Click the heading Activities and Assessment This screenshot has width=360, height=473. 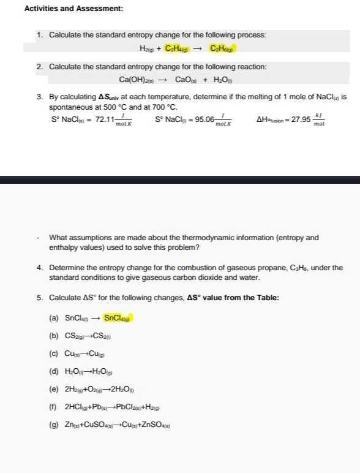click(73, 9)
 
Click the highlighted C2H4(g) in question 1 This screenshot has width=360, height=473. click(177, 48)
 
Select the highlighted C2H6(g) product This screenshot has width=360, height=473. click(222, 48)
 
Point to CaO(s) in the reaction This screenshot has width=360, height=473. click(186, 80)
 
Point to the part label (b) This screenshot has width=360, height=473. click(54, 335)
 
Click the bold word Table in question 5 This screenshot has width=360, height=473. click(267, 298)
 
